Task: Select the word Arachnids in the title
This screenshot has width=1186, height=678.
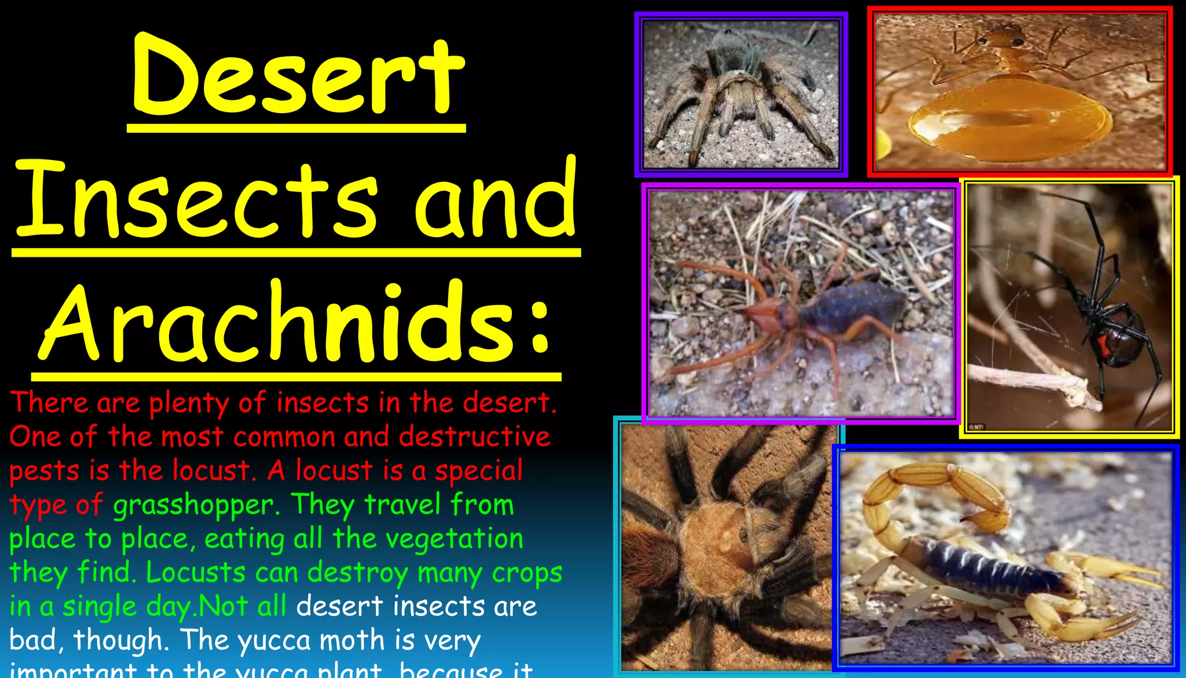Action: [278, 322]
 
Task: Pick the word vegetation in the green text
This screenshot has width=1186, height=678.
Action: [455, 539]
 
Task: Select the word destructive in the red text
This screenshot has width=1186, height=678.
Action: [474, 436]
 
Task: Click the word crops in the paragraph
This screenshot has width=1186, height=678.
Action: [527, 573]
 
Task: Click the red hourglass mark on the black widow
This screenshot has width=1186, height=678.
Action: [1103, 345]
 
